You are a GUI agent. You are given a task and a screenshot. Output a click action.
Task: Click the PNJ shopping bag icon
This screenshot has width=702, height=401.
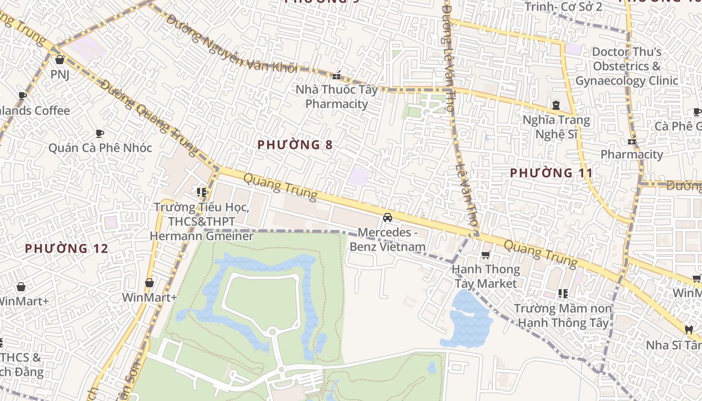pos(60,60)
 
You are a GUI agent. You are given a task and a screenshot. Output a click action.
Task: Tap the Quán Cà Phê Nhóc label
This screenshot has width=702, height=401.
pos(100,148)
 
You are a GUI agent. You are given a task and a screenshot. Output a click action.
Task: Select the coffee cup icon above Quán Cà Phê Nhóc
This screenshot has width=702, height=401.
pos(99,133)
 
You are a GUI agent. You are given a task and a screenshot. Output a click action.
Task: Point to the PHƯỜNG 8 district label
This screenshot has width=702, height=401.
pos(295,145)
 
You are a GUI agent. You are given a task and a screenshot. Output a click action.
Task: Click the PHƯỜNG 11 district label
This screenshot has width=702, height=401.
pos(551,173)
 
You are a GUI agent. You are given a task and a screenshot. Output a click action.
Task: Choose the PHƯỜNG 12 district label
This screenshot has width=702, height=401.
pos(66,248)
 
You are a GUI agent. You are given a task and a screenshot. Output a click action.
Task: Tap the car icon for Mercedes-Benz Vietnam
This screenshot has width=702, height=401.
pos(387,218)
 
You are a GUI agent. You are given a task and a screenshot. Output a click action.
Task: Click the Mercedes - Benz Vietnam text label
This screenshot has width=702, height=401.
pos(388,240)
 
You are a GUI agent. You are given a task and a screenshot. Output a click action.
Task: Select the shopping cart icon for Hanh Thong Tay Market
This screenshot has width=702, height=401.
pos(485,255)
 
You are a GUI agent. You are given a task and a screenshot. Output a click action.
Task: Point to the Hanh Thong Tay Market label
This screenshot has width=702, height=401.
pos(485,276)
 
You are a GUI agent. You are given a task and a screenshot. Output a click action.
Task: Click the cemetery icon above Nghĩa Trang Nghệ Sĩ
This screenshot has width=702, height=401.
pos(556,105)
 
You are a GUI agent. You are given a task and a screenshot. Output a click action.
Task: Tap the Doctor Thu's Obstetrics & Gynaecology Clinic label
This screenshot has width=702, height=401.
pos(626,66)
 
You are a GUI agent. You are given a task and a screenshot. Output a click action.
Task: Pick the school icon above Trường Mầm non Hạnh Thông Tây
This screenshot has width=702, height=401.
pos(563,293)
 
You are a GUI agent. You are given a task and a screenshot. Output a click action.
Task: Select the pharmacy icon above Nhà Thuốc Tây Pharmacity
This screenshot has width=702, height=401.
pos(336,76)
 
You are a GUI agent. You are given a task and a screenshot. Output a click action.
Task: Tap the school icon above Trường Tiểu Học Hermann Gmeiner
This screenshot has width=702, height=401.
pos(202,192)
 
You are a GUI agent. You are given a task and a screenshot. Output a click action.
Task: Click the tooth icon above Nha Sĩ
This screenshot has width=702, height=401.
pos(688,330)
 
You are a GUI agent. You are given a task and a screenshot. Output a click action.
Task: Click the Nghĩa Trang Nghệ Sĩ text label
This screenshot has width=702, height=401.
pos(556,127)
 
